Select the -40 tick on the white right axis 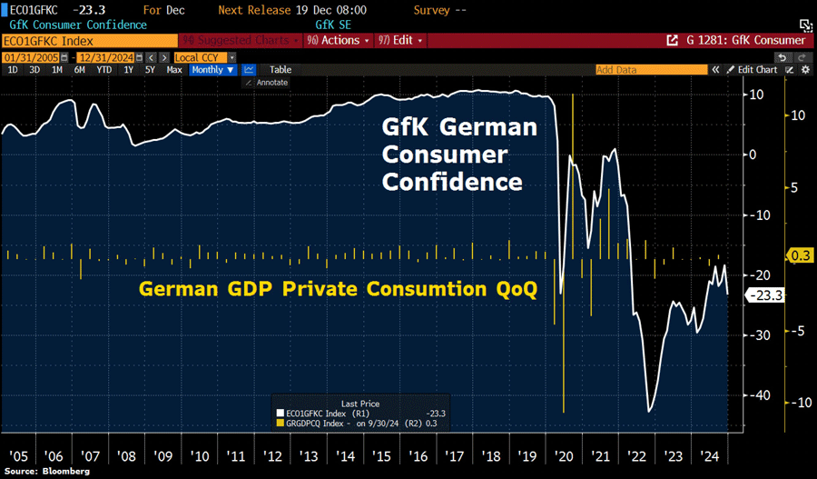pyautogui.click(x=757, y=395)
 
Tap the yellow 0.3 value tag pyautogui.click(x=799, y=256)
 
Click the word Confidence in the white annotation pyautogui.click(x=452, y=182)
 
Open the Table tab pyautogui.click(x=281, y=70)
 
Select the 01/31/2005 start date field pyautogui.click(x=25, y=57)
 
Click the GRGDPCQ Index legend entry pyautogui.click(x=363, y=424)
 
